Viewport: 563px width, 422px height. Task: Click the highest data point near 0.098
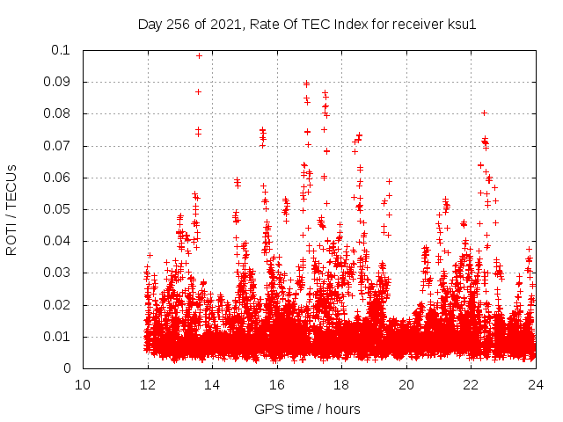click(x=199, y=55)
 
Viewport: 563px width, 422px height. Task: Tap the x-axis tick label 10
click(x=83, y=384)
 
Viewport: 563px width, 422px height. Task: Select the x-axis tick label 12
click(x=148, y=384)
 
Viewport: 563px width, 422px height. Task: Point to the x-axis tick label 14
click(x=212, y=384)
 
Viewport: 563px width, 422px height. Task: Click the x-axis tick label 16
click(x=277, y=384)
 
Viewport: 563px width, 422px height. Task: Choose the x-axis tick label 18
click(x=341, y=384)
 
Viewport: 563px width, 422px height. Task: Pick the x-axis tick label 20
click(x=406, y=384)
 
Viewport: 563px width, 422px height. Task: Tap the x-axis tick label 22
click(x=471, y=384)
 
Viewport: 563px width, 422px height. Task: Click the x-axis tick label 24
click(x=536, y=384)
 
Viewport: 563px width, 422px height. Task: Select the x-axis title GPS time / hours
click(x=307, y=409)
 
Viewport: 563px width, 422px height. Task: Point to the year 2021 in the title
click(x=224, y=24)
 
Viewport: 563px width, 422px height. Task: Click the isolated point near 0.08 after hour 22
click(x=484, y=113)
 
